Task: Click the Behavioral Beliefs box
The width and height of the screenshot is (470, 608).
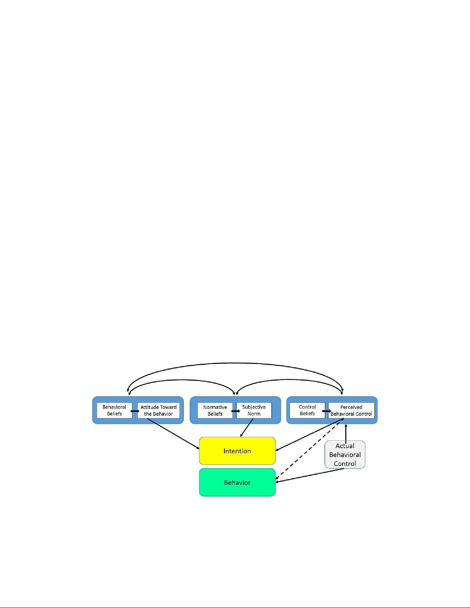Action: pyautogui.click(x=114, y=410)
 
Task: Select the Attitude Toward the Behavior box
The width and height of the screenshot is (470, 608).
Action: pyautogui.click(x=158, y=410)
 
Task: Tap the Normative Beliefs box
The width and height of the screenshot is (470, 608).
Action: pyautogui.click(x=215, y=410)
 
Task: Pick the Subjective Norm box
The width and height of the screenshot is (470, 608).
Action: pyautogui.click(x=254, y=410)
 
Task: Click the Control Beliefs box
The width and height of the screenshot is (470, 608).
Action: pyautogui.click(x=307, y=410)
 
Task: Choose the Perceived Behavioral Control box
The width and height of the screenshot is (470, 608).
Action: pyautogui.click(x=351, y=410)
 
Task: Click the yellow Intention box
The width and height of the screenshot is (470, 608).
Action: pyautogui.click(x=237, y=451)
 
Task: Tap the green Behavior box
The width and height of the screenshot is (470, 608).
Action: pyautogui.click(x=237, y=482)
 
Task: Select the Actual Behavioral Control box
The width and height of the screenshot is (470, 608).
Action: pyautogui.click(x=345, y=455)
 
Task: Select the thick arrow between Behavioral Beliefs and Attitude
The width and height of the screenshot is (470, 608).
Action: pyautogui.click(x=135, y=411)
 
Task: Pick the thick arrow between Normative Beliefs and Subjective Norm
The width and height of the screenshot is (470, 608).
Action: pyautogui.click(x=236, y=411)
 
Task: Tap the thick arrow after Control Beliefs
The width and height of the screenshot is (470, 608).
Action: pyautogui.click(x=327, y=411)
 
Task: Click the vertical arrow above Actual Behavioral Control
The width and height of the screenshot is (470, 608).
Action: pyautogui.click(x=346, y=433)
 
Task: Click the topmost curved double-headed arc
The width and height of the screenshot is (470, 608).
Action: pyautogui.click(x=235, y=363)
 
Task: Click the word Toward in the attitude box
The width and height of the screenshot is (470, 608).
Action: pyautogui.click(x=168, y=407)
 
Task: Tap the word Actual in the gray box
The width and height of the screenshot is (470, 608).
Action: pyautogui.click(x=345, y=446)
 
